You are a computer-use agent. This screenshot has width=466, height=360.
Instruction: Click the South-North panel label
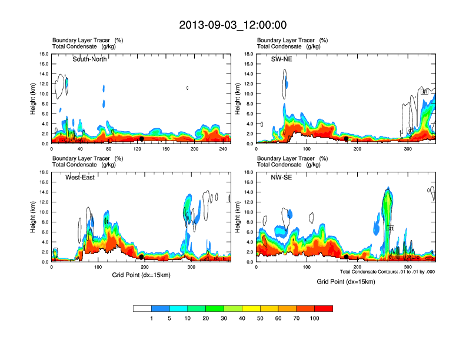(89, 59)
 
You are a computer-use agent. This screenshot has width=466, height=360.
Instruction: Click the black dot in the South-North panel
(141, 139)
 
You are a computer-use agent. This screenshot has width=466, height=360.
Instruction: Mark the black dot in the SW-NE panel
(347, 139)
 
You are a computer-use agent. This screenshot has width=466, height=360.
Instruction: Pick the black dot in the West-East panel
(141, 257)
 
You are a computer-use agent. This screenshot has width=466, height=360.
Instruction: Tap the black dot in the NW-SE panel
(347, 257)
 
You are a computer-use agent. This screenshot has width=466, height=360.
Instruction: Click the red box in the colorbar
(324, 308)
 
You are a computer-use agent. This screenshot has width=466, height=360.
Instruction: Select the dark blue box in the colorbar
(160, 308)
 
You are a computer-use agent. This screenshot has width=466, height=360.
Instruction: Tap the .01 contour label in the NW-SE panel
(390, 228)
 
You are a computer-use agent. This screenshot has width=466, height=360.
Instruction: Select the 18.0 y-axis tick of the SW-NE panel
(249, 54)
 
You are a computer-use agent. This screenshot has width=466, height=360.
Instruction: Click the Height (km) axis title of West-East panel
(34, 217)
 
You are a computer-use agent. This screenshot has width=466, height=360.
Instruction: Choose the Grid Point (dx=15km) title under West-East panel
(141, 275)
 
